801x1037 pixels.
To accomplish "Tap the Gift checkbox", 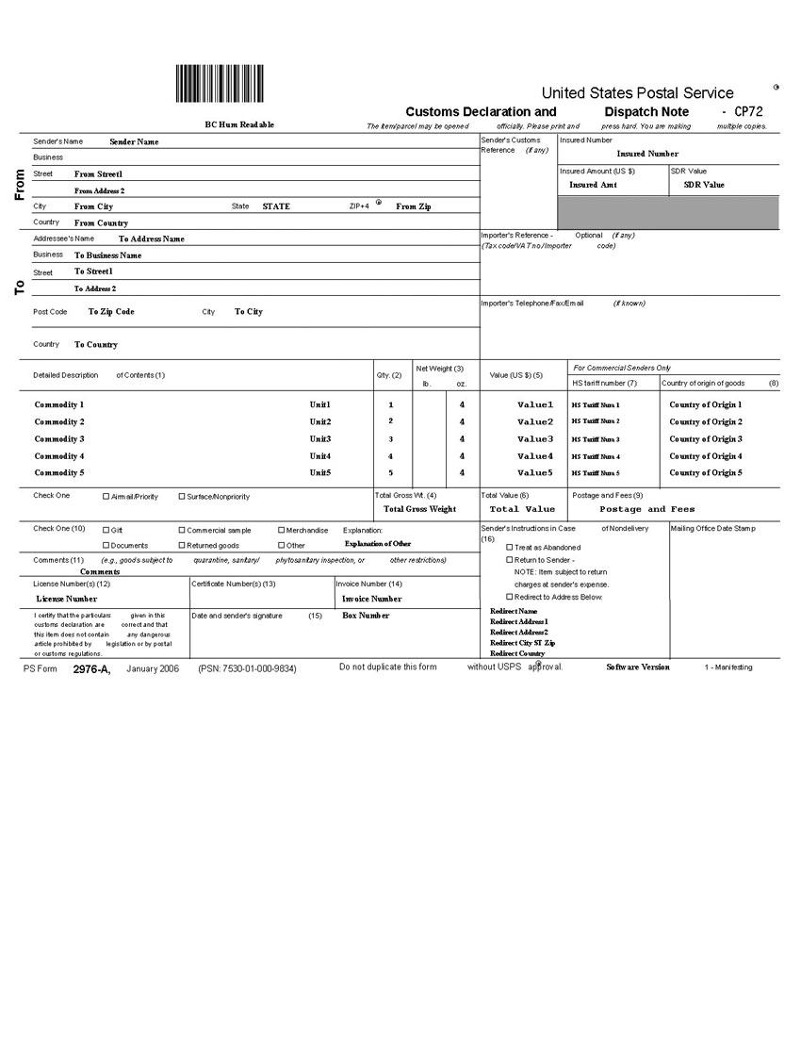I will [x=106, y=530].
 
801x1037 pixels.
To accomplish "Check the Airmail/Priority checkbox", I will [x=106, y=496].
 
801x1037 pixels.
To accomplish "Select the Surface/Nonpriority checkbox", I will [x=182, y=496].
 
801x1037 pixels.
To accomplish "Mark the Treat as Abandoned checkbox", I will [x=510, y=547].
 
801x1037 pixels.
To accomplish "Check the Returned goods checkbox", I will [x=182, y=545].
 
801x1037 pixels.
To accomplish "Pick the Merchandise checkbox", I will [x=281, y=530].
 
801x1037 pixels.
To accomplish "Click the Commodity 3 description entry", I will [x=59, y=439].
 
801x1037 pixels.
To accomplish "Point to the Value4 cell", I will [x=535, y=456].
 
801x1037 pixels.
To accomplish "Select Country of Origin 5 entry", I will [x=705, y=473].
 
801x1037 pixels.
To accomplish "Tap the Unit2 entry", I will [x=320, y=422].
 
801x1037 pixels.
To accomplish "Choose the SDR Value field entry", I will [x=704, y=186].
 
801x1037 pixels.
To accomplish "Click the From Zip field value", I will [x=414, y=206].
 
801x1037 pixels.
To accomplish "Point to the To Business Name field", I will [x=108, y=255].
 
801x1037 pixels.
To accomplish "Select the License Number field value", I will [x=66, y=599].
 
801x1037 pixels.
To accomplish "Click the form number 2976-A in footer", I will [x=91, y=667].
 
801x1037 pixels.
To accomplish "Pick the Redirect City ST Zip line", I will [x=522, y=643].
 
